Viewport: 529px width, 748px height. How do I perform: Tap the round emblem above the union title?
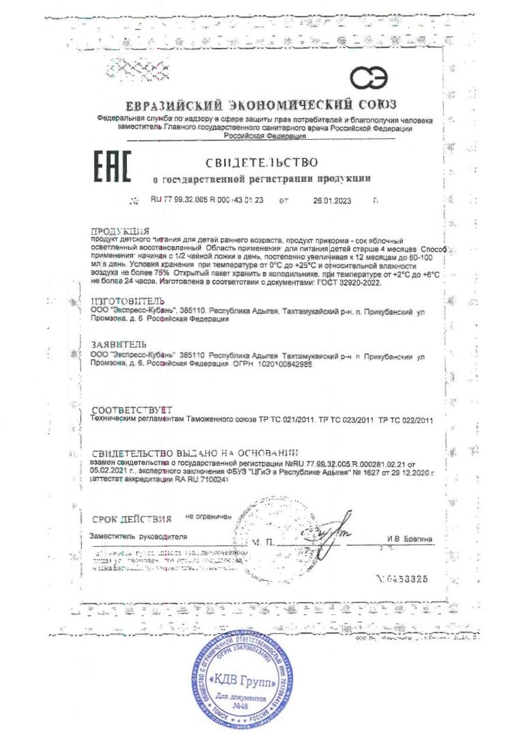point(369,79)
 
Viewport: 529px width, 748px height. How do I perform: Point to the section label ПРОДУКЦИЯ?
point(119,231)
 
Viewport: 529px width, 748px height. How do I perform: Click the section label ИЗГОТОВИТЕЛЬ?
point(127,300)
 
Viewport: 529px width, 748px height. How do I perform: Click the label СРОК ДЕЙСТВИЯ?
point(132,519)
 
